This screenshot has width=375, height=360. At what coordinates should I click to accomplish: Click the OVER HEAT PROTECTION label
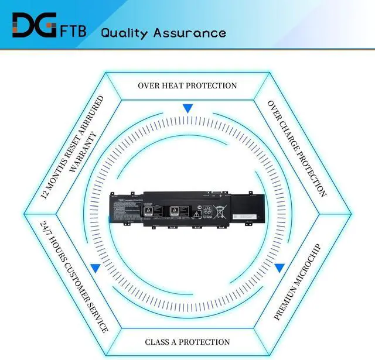187,85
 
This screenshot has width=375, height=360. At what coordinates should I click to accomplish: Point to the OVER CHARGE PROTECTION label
297,148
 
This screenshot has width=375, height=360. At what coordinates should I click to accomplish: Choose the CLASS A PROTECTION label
187,342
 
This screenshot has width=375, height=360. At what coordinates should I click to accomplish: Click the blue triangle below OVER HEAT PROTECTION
187,108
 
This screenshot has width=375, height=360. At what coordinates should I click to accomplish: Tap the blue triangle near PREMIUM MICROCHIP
279,268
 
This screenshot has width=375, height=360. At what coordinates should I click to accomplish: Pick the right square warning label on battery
173,210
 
